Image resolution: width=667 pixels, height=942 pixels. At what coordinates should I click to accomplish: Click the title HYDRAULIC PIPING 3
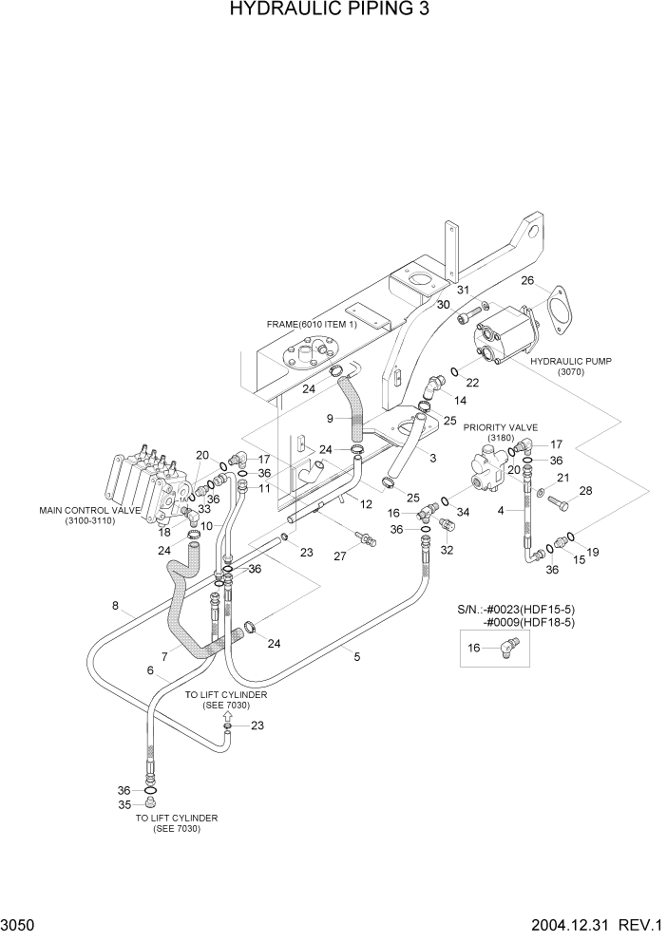pyautogui.click(x=333, y=11)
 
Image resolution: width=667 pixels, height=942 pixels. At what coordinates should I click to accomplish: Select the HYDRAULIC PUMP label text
pyautogui.click(x=570, y=362)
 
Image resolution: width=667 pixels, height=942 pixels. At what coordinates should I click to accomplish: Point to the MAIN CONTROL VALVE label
pyautogui.click(x=89, y=511)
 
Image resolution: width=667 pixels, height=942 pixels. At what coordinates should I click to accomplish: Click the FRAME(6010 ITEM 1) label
pyautogui.click(x=307, y=324)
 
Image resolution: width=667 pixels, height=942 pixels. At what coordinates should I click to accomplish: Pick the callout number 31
pyautogui.click(x=463, y=291)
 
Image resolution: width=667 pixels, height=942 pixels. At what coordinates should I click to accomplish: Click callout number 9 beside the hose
pyautogui.click(x=330, y=418)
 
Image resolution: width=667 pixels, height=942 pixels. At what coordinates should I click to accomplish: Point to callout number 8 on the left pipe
pyautogui.click(x=114, y=606)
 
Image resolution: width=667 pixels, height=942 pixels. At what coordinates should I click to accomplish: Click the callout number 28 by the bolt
pyautogui.click(x=585, y=491)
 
